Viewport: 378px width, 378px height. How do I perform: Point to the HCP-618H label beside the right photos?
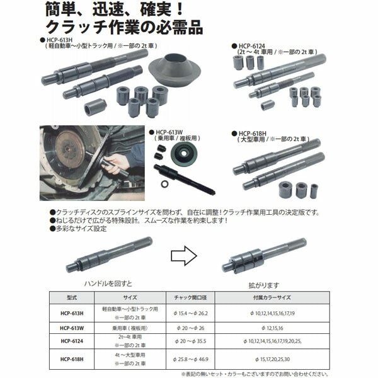[256, 134]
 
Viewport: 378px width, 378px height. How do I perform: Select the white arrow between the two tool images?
[185, 256]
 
